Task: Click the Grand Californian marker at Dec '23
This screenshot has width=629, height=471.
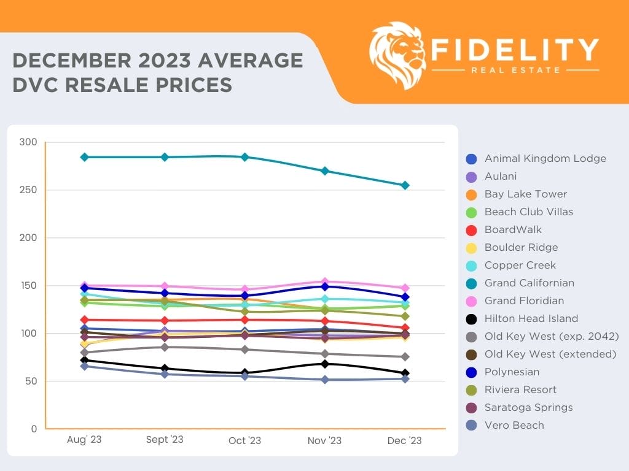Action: coord(405,185)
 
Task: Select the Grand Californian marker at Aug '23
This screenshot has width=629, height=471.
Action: coord(85,157)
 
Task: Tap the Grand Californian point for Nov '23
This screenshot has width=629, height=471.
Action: coord(325,171)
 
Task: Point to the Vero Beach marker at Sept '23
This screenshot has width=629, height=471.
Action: coord(165,374)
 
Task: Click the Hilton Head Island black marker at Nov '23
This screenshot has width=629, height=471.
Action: coord(325,364)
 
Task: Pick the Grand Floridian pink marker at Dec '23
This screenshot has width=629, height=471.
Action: coord(405,288)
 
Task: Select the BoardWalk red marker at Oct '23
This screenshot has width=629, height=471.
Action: coord(244,320)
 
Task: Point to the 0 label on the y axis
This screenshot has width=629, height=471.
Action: coord(34,429)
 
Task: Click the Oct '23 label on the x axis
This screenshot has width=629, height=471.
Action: coord(244,441)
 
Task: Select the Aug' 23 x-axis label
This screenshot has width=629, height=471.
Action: coord(85,441)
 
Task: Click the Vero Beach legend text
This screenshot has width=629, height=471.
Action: coord(514,425)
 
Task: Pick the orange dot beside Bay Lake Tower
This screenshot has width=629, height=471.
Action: coord(472,194)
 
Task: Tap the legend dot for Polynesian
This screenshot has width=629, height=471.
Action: coord(472,372)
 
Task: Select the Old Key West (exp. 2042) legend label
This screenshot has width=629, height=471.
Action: coord(550,336)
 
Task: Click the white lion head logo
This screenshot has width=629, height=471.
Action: coord(397,55)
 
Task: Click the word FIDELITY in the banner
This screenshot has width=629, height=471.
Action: coord(515,50)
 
